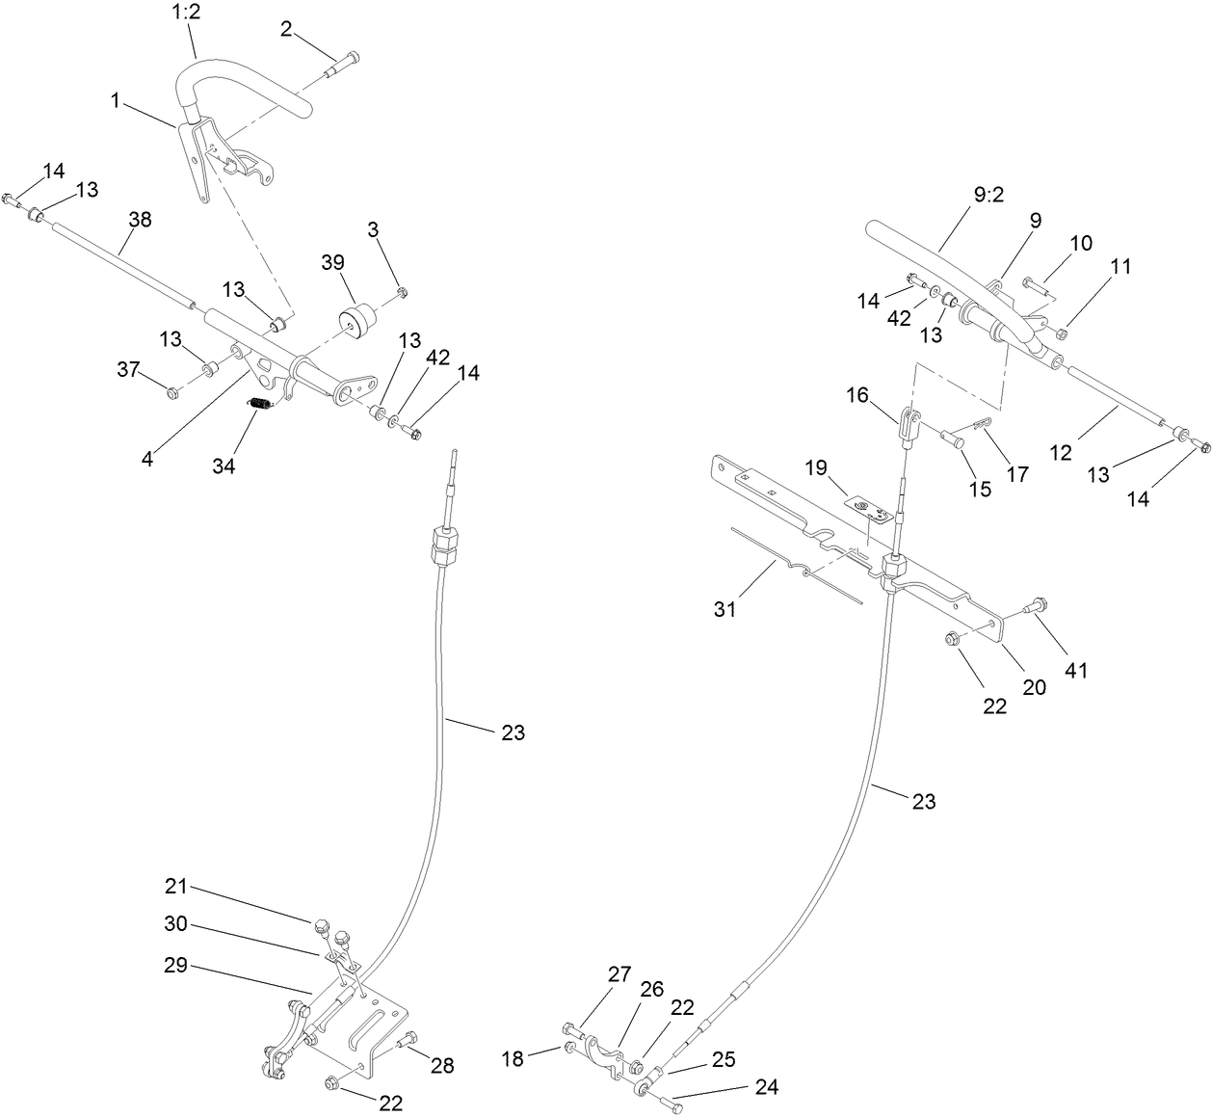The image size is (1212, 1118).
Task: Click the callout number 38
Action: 140,220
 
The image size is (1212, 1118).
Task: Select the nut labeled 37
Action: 173,392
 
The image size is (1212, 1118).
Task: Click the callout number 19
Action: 816,468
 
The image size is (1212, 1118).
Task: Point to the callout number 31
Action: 725,609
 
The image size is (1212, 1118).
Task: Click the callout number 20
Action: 1034,687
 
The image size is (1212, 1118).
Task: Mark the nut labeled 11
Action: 1061,334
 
